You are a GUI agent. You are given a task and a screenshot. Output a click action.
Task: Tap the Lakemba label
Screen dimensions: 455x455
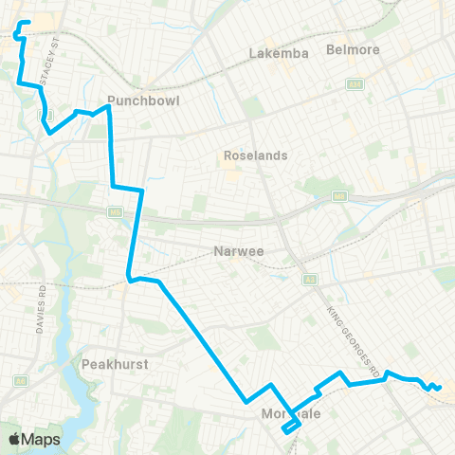(x=279, y=53)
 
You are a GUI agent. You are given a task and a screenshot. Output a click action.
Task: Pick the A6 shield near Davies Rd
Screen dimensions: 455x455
(x=20, y=381)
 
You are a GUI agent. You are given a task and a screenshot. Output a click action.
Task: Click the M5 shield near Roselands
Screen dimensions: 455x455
(x=338, y=196)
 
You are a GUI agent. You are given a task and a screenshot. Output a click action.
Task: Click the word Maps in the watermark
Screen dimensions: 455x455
(x=42, y=439)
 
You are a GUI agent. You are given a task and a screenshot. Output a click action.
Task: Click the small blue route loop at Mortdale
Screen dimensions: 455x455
(x=291, y=427)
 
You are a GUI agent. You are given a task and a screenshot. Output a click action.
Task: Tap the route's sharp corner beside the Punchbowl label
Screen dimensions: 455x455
(x=108, y=106)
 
